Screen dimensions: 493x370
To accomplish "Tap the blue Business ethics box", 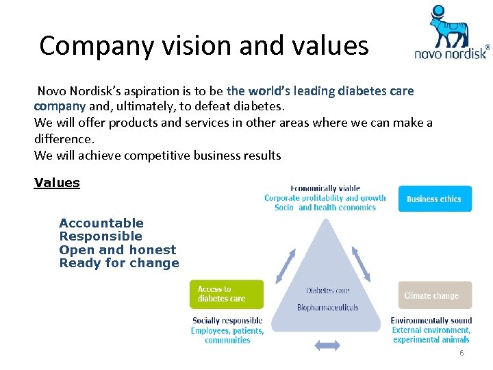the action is (x=434, y=199).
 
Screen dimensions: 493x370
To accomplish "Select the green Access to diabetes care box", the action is (x=226, y=294).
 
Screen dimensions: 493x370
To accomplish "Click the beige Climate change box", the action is (x=435, y=295).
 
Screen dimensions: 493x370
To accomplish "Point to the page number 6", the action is (x=462, y=353).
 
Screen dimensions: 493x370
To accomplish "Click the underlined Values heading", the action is (x=57, y=183).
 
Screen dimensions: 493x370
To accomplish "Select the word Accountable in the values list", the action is (x=101, y=223).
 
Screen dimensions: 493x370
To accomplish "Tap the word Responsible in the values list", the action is (x=101, y=236).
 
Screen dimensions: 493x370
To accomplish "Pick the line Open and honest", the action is (x=118, y=250).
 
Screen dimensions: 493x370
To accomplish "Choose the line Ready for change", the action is (x=119, y=263).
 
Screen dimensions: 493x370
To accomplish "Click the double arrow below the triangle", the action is (x=327, y=346).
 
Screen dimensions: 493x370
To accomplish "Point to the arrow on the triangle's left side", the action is (x=286, y=264).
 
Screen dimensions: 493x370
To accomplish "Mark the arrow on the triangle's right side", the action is (x=362, y=265).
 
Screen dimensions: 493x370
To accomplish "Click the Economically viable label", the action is (x=325, y=188).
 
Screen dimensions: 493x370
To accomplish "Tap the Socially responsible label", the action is (x=227, y=321).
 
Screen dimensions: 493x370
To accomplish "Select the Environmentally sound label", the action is (x=431, y=321).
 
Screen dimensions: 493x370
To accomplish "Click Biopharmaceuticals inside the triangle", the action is (x=327, y=308).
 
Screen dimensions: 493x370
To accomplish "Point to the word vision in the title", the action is (x=194, y=46).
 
